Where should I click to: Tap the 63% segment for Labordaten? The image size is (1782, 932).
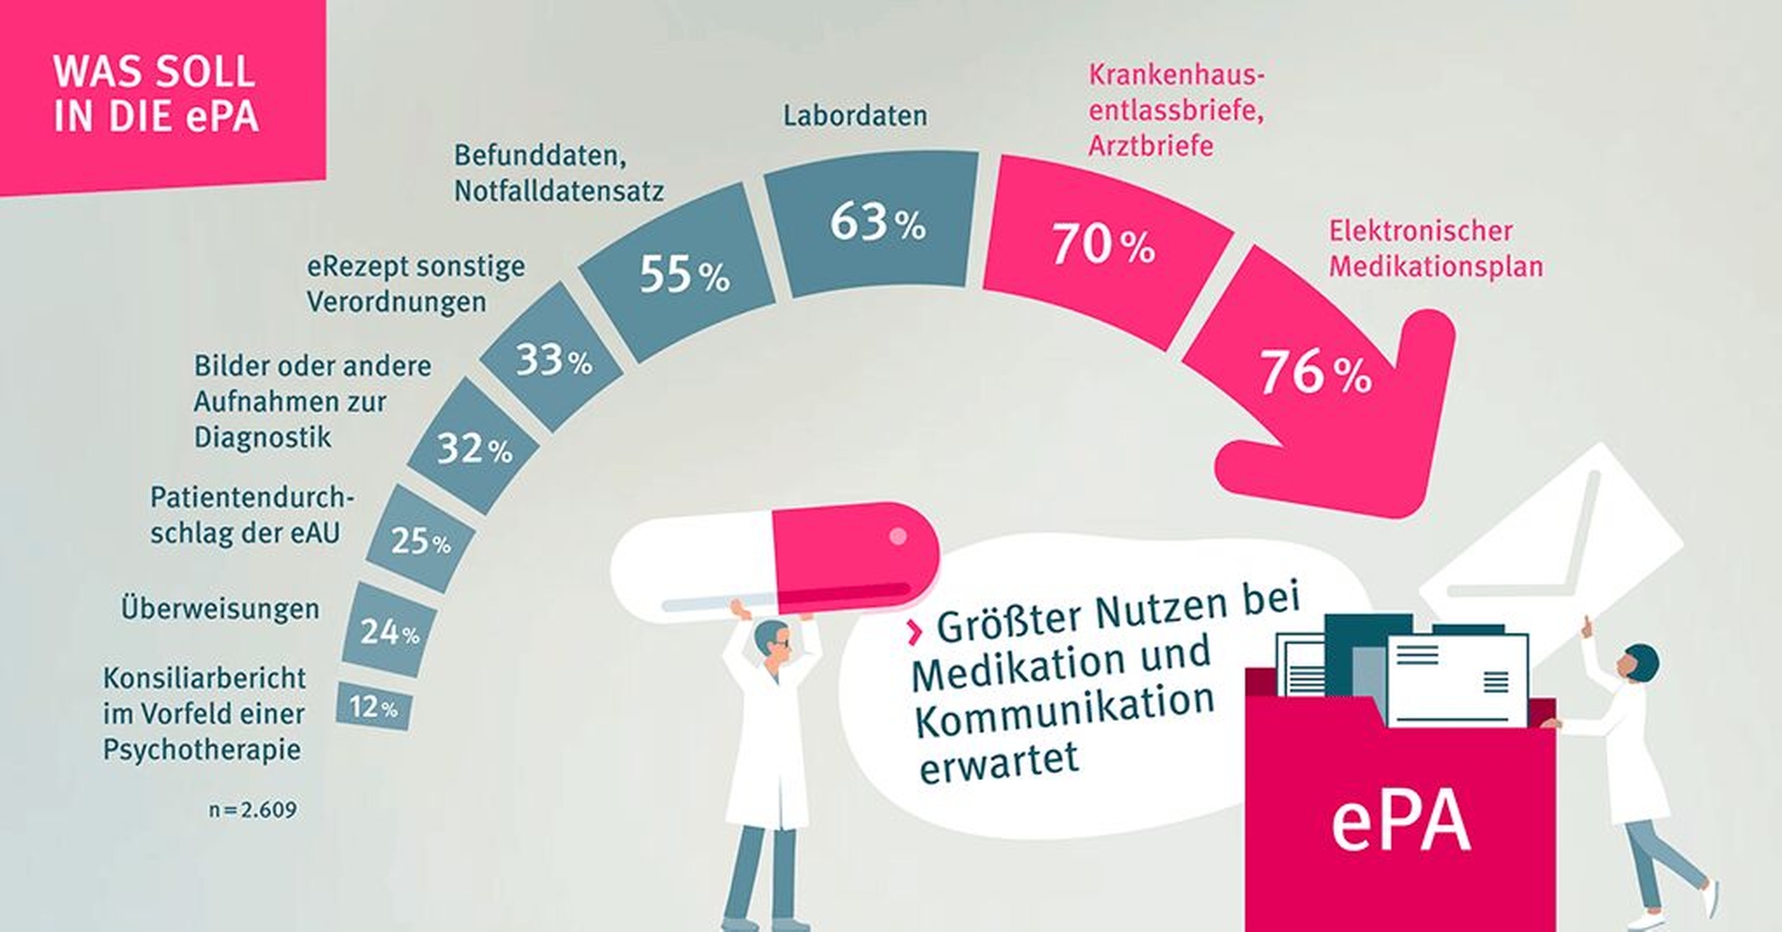point(875,223)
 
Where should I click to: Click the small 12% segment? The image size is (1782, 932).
point(373,706)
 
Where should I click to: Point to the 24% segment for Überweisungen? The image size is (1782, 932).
point(388,632)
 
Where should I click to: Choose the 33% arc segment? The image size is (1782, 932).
point(551,359)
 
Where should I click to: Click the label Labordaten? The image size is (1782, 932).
point(854,115)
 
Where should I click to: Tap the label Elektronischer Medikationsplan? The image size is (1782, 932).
point(1435,249)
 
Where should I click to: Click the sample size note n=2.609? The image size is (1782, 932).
point(252,809)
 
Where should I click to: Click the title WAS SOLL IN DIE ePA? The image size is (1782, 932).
point(155,94)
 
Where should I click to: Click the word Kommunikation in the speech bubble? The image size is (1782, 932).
point(1065,710)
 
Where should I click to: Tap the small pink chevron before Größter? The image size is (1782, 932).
point(914,632)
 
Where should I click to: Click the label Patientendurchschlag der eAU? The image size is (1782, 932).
point(251,514)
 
